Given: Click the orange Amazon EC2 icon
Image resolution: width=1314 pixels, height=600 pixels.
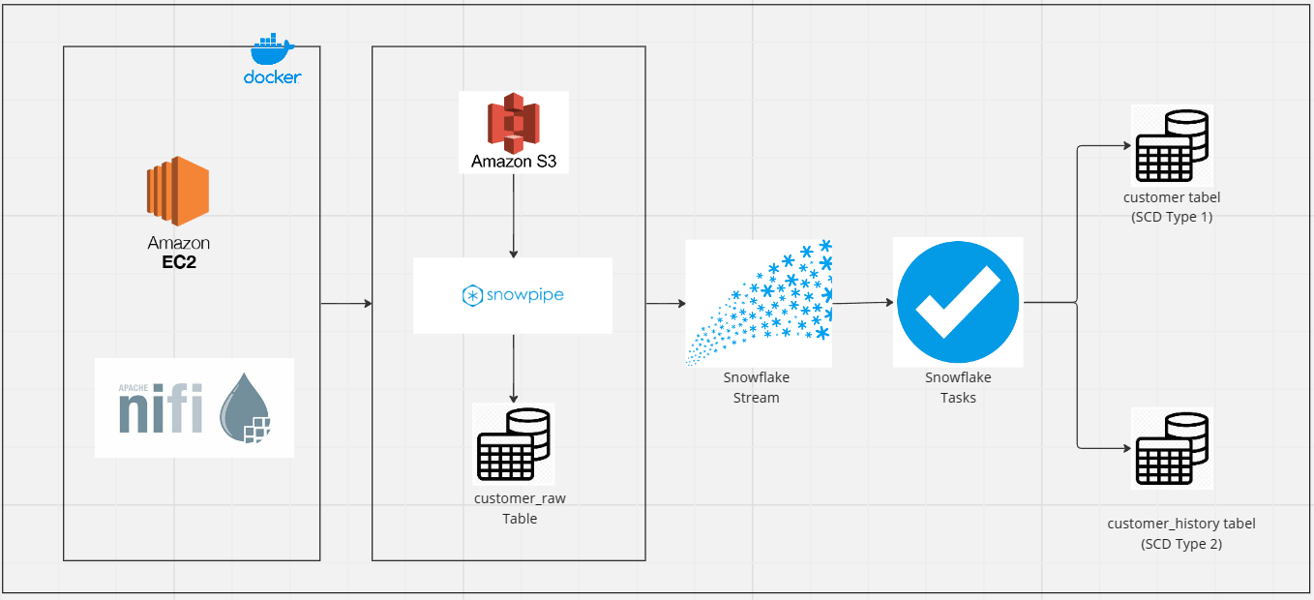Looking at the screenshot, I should (x=178, y=190).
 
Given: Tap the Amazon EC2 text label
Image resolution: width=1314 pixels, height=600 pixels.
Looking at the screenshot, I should (x=178, y=252).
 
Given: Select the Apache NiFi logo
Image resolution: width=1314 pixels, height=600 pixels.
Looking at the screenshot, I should (x=194, y=407).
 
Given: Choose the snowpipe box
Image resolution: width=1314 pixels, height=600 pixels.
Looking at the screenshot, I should (x=513, y=295).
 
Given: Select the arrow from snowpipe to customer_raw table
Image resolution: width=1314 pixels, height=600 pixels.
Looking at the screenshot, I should (x=513, y=368).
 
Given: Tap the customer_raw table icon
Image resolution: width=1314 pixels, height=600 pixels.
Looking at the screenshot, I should (x=513, y=443).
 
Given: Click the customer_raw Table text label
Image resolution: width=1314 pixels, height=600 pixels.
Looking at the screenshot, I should (x=520, y=508).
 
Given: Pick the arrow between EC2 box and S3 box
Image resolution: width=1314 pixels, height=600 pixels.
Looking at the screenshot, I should (x=345, y=304).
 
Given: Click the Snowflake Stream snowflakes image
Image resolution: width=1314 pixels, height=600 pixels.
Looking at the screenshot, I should (x=759, y=303).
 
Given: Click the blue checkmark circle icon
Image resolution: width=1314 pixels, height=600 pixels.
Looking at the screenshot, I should (x=958, y=302).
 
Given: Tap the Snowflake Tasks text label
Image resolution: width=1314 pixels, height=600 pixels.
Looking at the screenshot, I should (x=958, y=387).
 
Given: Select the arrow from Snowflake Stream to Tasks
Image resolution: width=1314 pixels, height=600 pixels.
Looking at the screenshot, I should (x=862, y=303).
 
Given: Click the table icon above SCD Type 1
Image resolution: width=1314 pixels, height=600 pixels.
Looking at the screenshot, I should (x=1171, y=145).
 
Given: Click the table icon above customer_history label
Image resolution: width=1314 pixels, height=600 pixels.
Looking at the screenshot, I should (x=1171, y=448).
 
